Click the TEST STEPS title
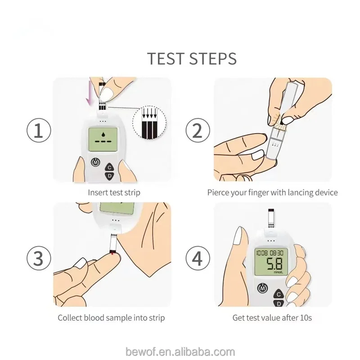pyautogui.click(x=192, y=58)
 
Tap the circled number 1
pyautogui.click(x=39, y=130)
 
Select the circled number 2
pyautogui.click(x=198, y=130)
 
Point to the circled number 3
pyautogui.click(x=39, y=257)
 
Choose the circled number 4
pyautogui.click(x=198, y=257)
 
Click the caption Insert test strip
pyautogui.click(x=114, y=193)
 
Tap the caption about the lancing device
pyautogui.click(x=272, y=193)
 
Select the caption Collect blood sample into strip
pyautogui.click(x=111, y=318)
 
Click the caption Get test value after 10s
pyautogui.click(x=272, y=318)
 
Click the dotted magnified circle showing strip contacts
pyautogui.click(x=149, y=123)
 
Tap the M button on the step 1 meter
pyautogui.click(x=95, y=162)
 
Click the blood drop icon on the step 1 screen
pyautogui.click(x=103, y=134)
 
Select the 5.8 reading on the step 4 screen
pyautogui.click(x=274, y=264)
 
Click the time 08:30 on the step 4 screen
pyautogui.click(x=276, y=253)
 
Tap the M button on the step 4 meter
pyautogui.click(x=262, y=288)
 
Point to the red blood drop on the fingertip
pyautogui.click(x=112, y=253)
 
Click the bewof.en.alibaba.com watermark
pyautogui.click(x=180, y=352)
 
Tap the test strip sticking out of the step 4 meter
pyautogui.click(x=271, y=218)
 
